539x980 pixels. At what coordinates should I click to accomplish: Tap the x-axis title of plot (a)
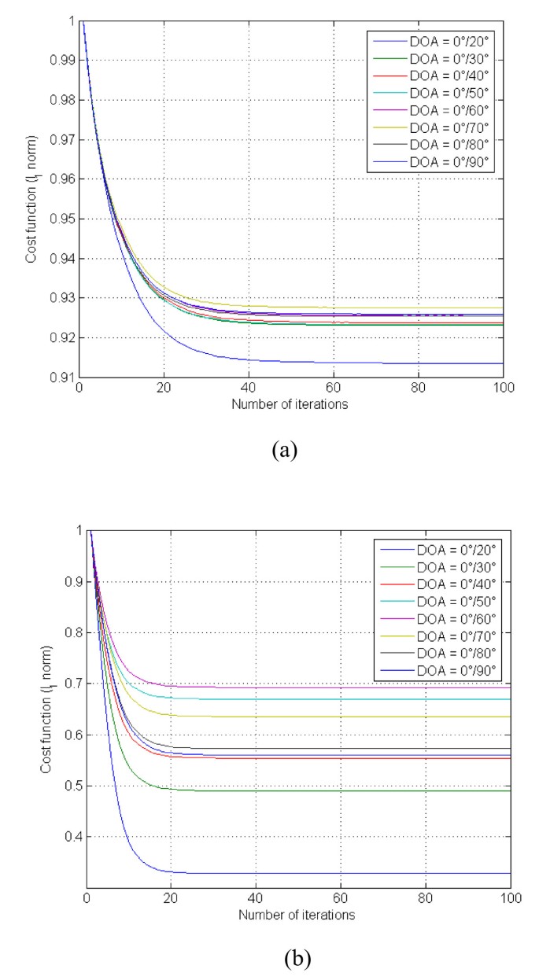[290, 403]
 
